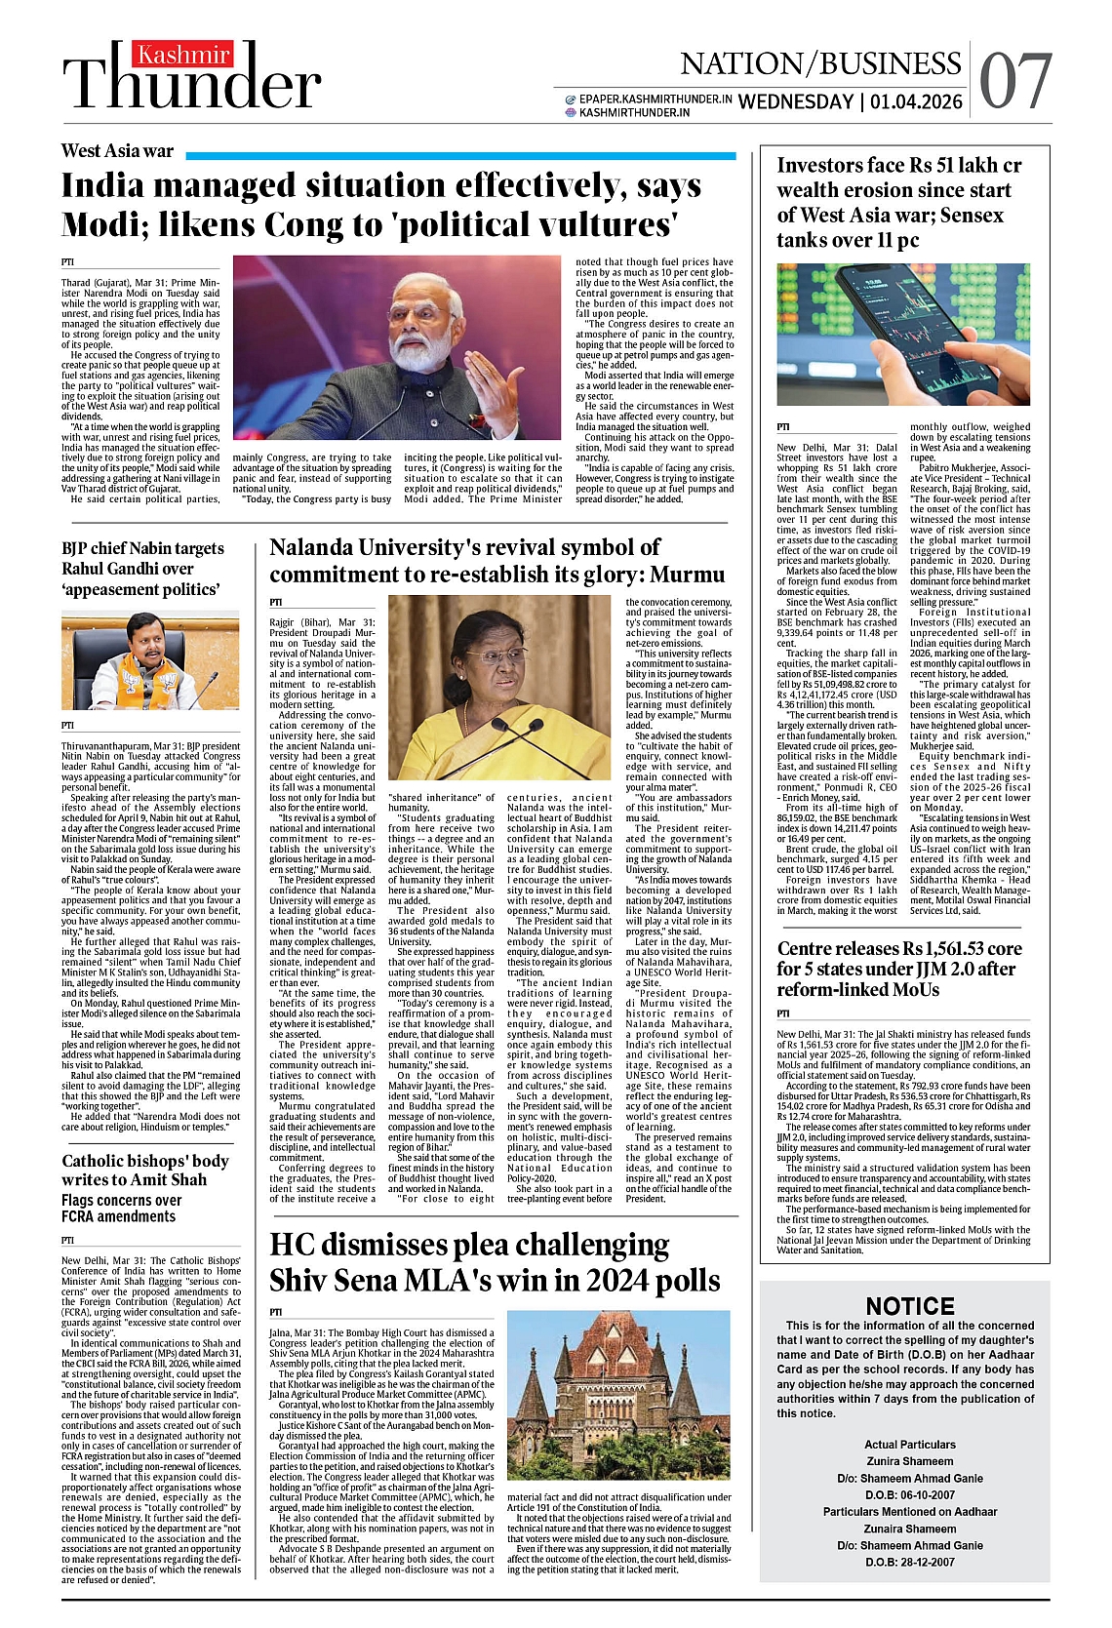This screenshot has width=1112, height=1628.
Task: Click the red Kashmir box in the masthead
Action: tap(183, 56)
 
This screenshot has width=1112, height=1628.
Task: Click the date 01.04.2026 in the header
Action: tap(916, 102)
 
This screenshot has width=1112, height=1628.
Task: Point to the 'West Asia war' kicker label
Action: tap(117, 150)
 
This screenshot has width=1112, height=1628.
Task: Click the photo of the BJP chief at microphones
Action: tap(150, 660)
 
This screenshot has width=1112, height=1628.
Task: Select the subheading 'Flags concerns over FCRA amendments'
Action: tap(121, 1209)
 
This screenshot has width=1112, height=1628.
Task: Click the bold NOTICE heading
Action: tap(909, 1306)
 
